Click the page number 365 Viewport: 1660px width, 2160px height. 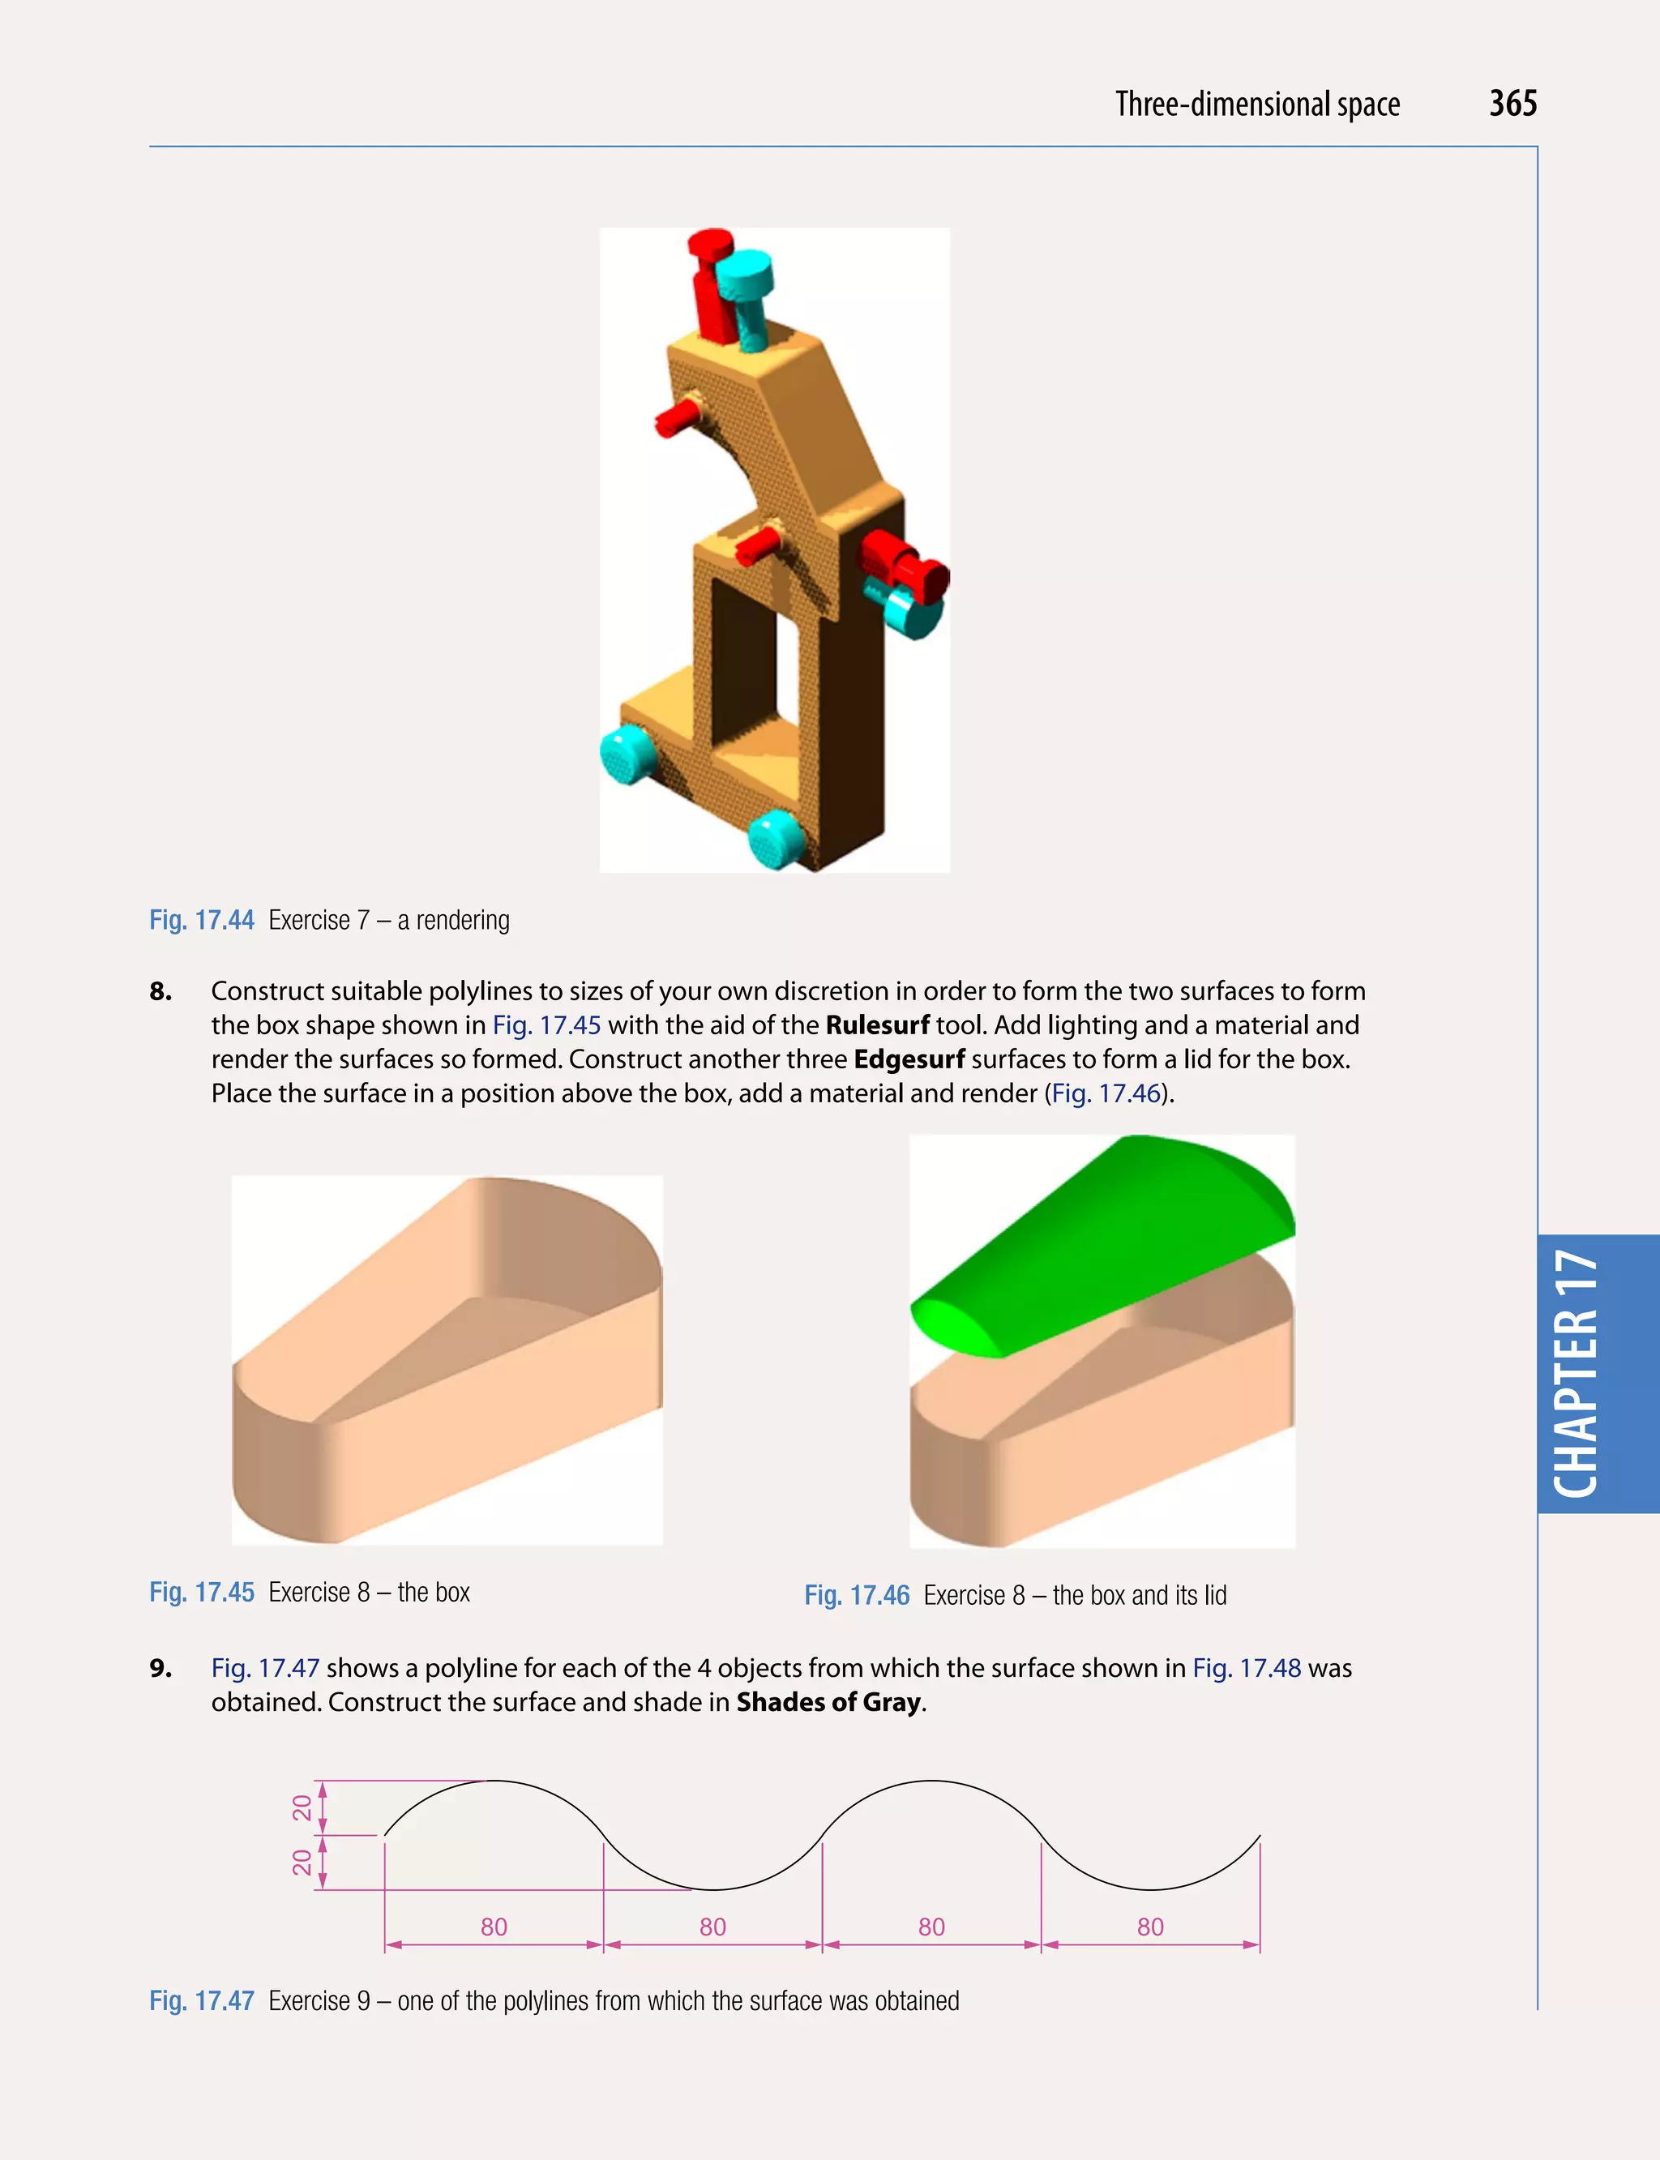(1512, 104)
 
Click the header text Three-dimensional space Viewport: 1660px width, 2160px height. (1257, 105)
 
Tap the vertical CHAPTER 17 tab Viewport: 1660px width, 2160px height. (1577, 1374)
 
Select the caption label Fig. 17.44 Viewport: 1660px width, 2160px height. (202, 920)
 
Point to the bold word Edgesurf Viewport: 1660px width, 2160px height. (909, 1059)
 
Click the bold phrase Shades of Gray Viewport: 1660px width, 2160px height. (828, 1701)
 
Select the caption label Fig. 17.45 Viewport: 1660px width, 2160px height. (202, 1592)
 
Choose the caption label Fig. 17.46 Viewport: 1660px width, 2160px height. (857, 1595)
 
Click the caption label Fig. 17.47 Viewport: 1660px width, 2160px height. (202, 2001)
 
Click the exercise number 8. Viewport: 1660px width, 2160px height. (160, 991)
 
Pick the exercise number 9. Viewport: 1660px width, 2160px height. (160, 1668)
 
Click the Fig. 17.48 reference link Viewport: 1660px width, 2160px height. (1246, 1668)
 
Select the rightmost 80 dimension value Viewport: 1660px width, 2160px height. (1150, 1927)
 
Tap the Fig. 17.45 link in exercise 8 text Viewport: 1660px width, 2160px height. (546, 1024)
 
